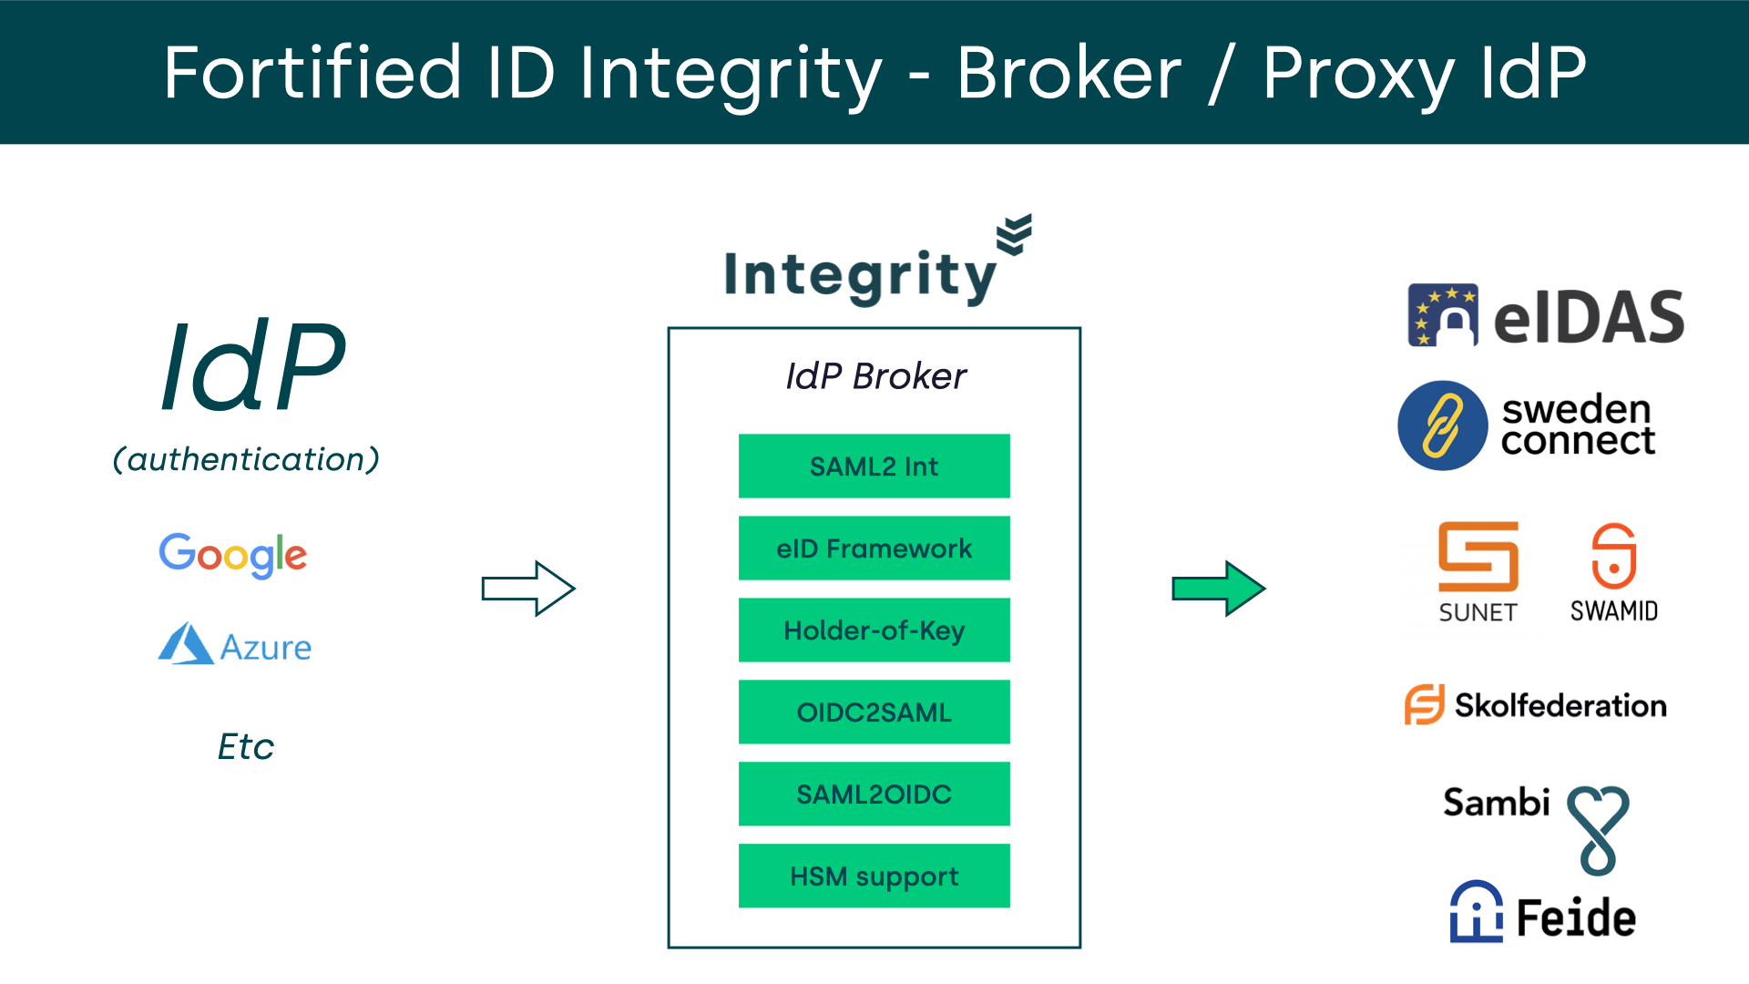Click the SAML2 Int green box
(874, 466)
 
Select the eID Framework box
(874, 548)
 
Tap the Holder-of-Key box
(874, 630)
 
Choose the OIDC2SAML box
(874, 712)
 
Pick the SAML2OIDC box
(874, 794)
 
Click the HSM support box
(874, 876)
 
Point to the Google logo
(233, 554)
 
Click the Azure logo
(235, 644)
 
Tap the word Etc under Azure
(245, 746)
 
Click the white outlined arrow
(528, 589)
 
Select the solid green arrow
(1218, 589)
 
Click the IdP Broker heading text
(875, 375)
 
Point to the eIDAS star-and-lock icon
(1443, 315)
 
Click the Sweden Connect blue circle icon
(1443, 425)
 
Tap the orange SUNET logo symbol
(1478, 556)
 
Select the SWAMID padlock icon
(1613, 556)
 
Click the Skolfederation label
(1560, 705)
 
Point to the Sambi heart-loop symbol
(1598, 828)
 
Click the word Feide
(1576, 917)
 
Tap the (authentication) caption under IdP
(246, 459)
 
